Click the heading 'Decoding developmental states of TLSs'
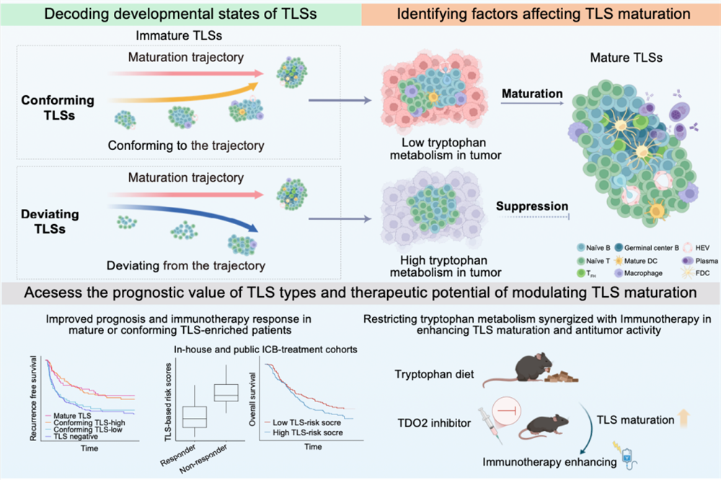[180, 13]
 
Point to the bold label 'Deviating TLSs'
[48, 221]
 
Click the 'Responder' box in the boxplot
[195, 417]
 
